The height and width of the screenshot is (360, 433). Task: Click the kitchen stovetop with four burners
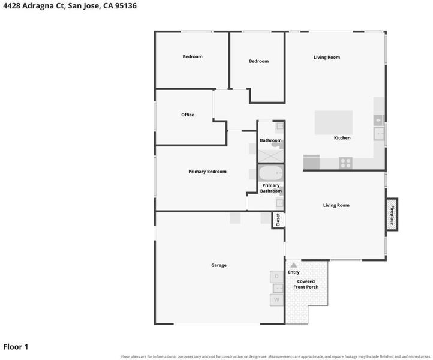point(345,163)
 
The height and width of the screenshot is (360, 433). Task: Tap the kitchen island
point(333,122)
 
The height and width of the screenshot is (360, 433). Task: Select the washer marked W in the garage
point(276,300)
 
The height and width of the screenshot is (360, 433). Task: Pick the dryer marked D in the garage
point(276,277)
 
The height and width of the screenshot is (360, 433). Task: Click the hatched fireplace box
point(392,214)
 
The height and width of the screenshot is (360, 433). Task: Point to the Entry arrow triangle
point(294,265)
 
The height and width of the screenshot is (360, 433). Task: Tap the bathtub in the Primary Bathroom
point(271,173)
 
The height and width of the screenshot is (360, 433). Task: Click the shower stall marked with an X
point(271,156)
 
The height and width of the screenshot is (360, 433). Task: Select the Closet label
point(278,220)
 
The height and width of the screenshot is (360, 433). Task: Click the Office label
point(188,115)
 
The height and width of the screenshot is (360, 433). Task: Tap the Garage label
point(219,265)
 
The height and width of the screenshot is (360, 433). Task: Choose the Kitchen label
point(342,138)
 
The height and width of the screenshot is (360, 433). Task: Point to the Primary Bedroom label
point(208,172)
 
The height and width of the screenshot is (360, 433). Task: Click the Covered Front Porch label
point(306,284)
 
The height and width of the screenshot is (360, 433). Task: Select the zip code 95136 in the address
point(126,6)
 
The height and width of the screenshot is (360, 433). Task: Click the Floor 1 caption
point(16,347)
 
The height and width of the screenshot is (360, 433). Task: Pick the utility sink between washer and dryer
point(278,289)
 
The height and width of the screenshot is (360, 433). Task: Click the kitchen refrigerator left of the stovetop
point(311,162)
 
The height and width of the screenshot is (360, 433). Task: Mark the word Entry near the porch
point(294,272)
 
